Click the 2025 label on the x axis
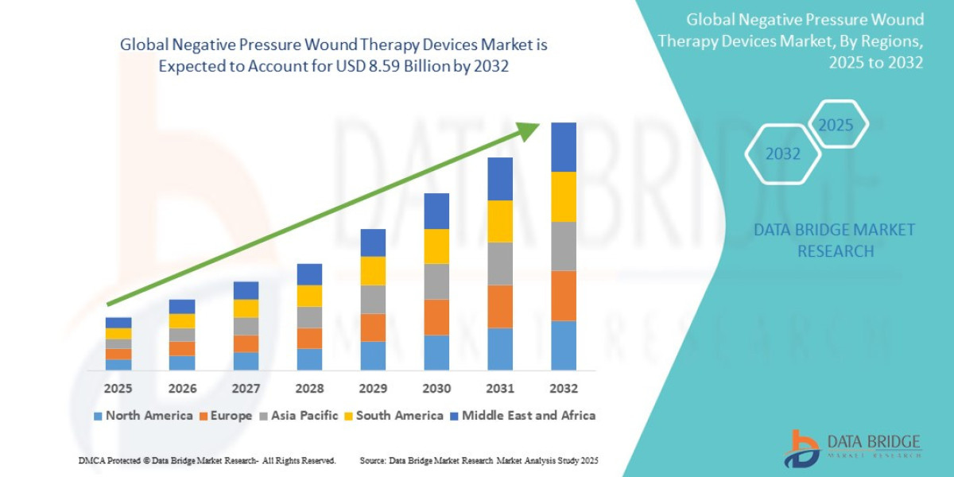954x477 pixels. (118, 389)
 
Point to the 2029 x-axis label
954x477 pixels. (373, 389)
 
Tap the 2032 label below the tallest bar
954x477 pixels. (563, 389)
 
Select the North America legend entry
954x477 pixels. (143, 416)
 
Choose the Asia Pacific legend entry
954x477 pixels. (299, 416)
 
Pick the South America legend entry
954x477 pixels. (394, 416)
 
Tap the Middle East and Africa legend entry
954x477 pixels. (522, 416)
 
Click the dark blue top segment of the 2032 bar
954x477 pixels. (564, 147)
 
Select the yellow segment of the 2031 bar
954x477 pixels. (500, 221)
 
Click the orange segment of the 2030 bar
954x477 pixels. (436, 317)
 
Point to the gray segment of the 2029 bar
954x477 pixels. (373, 300)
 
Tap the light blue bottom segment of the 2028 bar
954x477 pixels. (309, 359)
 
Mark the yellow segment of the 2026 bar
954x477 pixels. (182, 321)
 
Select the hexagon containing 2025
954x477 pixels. (836, 125)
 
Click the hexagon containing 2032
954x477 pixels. (783, 154)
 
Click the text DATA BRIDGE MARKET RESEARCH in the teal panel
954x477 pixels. (835, 240)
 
